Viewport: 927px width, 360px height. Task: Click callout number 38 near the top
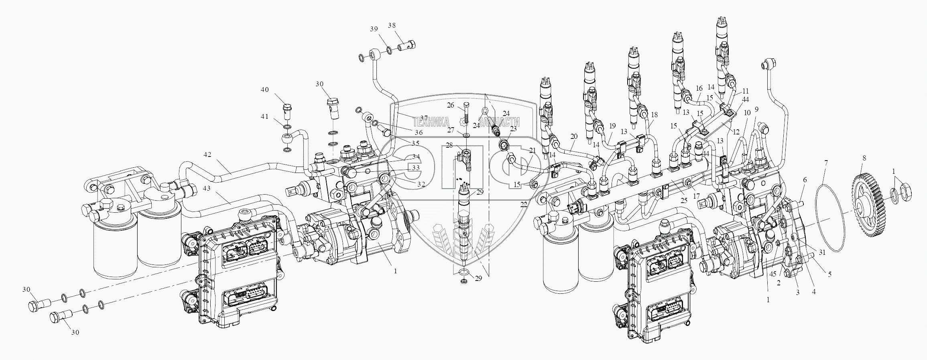(x=392, y=25)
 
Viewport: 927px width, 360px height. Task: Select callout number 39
(x=374, y=29)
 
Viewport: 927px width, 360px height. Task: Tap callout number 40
(x=265, y=90)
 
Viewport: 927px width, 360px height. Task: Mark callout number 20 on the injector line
(x=574, y=137)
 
